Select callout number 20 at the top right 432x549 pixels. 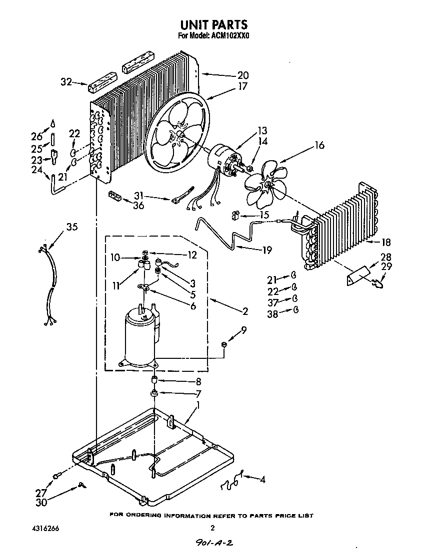click(242, 76)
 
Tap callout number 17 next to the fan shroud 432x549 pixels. click(242, 86)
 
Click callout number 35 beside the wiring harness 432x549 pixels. click(72, 228)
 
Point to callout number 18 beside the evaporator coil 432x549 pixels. click(385, 243)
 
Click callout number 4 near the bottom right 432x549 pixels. click(261, 480)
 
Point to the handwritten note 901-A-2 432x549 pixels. click(215, 542)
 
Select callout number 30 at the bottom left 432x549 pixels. click(41, 502)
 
